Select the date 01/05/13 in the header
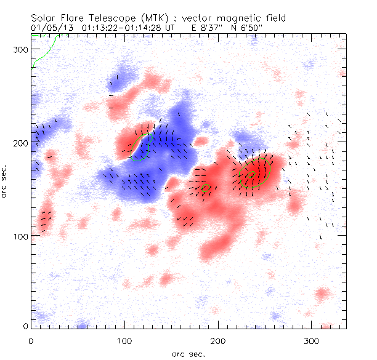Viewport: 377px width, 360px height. (49, 28)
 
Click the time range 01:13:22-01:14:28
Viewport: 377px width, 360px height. (124, 28)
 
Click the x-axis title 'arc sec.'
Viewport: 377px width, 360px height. (188, 353)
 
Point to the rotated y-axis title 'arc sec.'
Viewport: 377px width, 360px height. (7, 181)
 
